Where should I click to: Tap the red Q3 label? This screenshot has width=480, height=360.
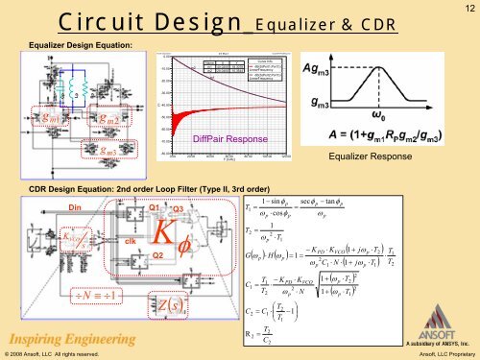pos(178,209)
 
